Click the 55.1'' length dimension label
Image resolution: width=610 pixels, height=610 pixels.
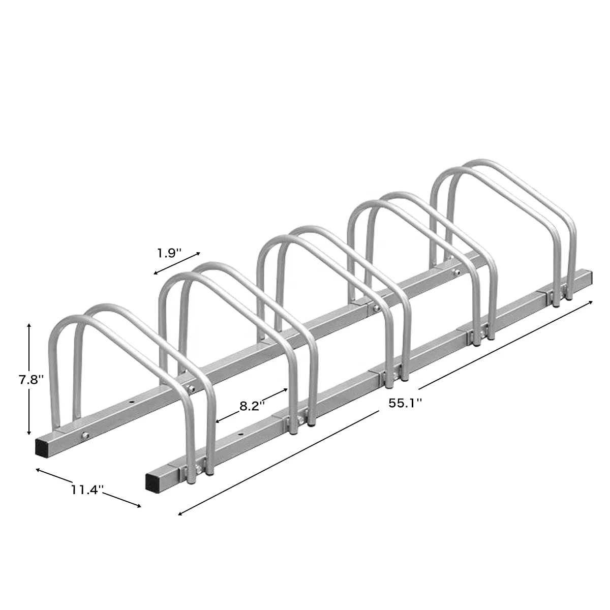pyautogui.click(x=406, y=403)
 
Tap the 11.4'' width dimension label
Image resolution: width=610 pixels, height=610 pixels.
pyautogui.click(x=87, y=490)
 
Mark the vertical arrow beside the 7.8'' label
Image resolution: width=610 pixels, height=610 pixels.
pyautogui.click(x=29, y=379)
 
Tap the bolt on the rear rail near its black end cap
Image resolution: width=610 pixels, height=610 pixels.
pyautogui.click(x=84, y=435)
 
